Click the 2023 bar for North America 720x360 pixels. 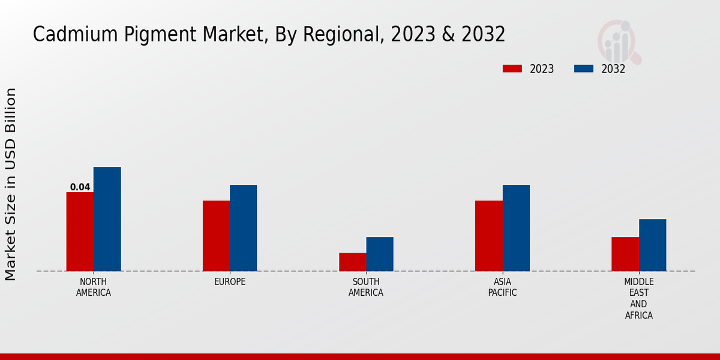tap(80, 232)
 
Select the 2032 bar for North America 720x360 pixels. tap(107, 219)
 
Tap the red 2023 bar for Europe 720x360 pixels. tap(216, 236)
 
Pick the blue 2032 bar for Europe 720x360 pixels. tap(243, 228)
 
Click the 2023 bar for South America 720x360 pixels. tap(352, 262)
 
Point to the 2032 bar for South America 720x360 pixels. tap(380, 254)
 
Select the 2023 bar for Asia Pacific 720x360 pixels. tap(488, 236)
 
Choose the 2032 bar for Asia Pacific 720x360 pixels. tap(516, 228)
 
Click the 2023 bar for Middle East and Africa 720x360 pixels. tap(625, 254)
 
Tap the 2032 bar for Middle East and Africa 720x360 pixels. tap(652, 245)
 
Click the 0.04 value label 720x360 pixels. tap(80, 187)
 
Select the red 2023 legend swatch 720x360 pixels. tap(512, 69)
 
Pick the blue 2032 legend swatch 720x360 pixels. tap(584, 69)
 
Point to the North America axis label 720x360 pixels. tap(94, 287)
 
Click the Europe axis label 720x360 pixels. tap(230, 282)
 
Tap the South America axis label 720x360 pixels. tap(366, 287)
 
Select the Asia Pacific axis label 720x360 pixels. tap(502, 287)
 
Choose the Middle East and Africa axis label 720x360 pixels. tap(639, 299)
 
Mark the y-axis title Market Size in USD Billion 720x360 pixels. tap(11, 184)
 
